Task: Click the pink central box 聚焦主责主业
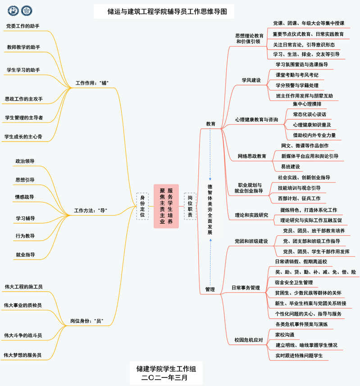[166, 206]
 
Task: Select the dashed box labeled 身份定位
[142, 207]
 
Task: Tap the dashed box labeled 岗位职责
[190, 207]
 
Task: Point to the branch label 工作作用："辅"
[93, 83]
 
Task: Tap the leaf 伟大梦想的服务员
[23, 355]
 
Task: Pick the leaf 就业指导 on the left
[25, 255]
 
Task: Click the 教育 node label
[210, 124]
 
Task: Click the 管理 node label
[210, 289]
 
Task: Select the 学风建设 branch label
[251, 80]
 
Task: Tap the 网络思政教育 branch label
[252, 156]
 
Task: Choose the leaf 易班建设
[290, 166]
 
